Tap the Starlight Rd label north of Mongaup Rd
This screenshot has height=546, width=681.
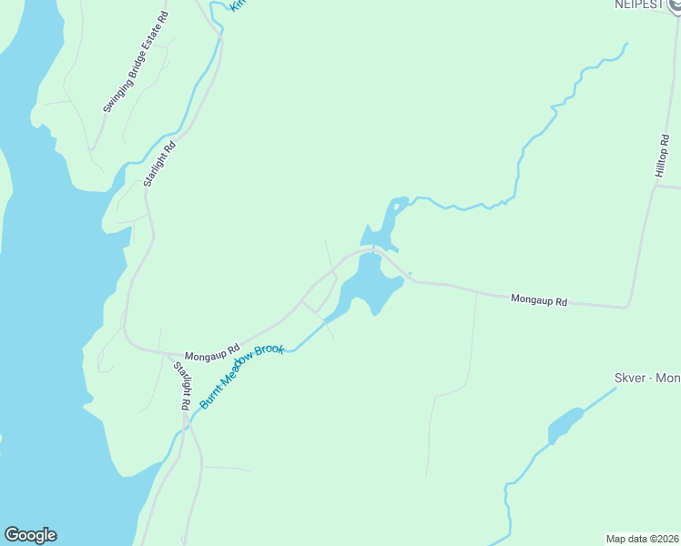tap(158, 164)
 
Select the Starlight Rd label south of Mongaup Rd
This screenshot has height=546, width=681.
tap(182, 386)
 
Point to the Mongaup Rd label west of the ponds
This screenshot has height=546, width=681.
tap(211, 350)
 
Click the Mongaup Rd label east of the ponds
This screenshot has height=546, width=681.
tap(539, 298)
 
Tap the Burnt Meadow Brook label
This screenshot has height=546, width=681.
tap(242, 376)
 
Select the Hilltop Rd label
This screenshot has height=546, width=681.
tap(662, 156)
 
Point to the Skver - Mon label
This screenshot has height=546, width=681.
tap(646, 378)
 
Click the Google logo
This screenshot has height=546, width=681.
tap(30, 535)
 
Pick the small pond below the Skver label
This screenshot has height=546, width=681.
tap(564, 425)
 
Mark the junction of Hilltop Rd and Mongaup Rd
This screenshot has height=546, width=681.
tap(626, 307)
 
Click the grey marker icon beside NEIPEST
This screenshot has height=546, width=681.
tap(675, 5)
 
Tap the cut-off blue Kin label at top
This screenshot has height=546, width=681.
tap(238, 5)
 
